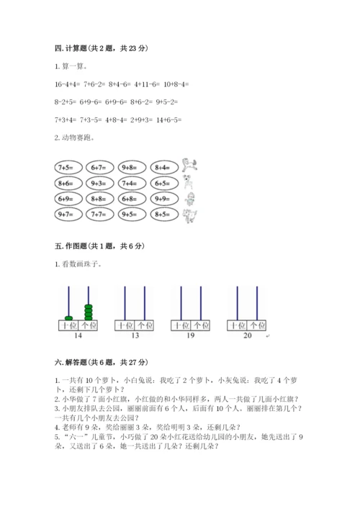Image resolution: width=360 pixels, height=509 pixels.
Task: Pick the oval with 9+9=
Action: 165,199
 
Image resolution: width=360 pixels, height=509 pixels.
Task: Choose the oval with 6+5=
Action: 165,183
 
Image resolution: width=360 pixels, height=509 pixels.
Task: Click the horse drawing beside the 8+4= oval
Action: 189,164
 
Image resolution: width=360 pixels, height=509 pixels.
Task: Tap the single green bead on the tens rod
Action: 68,317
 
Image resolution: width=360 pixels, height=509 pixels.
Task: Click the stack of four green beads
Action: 89,312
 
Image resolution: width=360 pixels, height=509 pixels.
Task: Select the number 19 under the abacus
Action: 190,336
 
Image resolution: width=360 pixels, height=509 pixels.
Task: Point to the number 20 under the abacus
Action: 247,336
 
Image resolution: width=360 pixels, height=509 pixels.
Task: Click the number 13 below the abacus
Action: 135,336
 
